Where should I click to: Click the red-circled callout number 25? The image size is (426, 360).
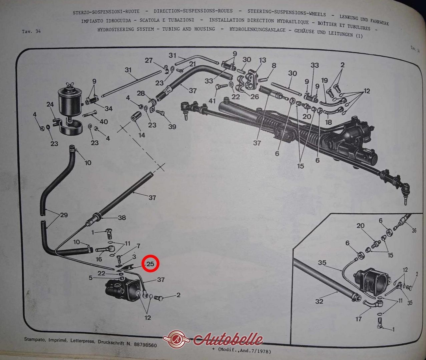tap(150, 264)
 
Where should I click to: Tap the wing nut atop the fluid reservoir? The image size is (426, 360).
tap(69, 85)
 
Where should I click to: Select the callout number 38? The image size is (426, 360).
tap(122, 217)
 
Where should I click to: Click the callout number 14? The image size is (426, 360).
tap(141, 135)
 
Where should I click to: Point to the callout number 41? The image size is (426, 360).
tap(212, 101)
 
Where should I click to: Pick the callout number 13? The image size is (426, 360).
tap(263, 60)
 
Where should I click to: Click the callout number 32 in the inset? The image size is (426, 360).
tap(319, 301)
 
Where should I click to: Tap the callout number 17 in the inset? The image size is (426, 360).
tap(358, 319)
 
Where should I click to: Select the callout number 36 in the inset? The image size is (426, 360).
tap(414, 230)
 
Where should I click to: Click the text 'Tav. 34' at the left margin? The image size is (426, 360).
tap(31, 32)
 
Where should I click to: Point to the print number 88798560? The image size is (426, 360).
tap(145, 345)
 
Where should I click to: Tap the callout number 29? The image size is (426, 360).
tap(64, 215)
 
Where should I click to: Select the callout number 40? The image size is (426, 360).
tap(104, 122)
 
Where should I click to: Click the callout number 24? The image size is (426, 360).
tap(50, 104)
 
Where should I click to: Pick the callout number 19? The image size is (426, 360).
tap(324, 80)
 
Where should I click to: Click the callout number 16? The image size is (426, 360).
tap(99, 259)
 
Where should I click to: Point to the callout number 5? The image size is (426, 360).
tap(91, 278)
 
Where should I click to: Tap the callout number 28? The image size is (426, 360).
tap(141, 93)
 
